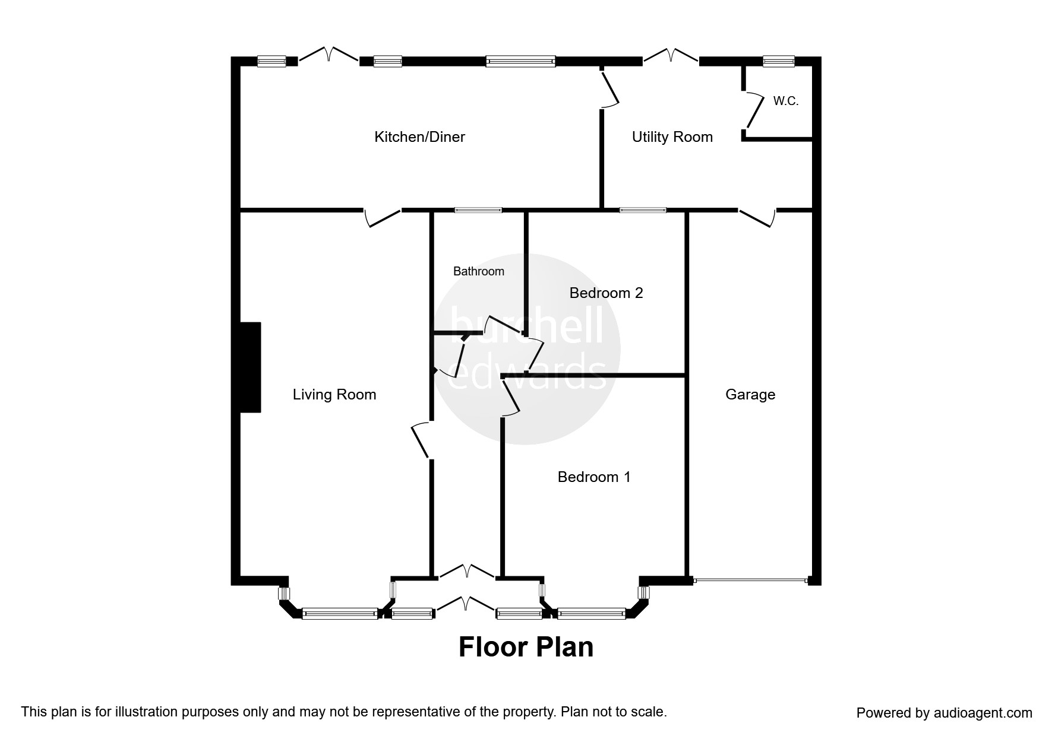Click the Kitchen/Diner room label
419,137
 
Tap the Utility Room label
672,137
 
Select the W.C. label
785,101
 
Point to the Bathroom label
478,271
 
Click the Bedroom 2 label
606,293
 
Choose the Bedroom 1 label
593,477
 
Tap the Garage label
750,395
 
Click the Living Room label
334,395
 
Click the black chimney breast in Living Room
250,367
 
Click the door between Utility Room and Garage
757,217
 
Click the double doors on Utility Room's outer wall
671,56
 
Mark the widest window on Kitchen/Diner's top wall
520,61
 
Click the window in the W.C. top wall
778,61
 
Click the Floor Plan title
526,647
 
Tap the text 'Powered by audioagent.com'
944,713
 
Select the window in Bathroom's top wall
478,210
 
